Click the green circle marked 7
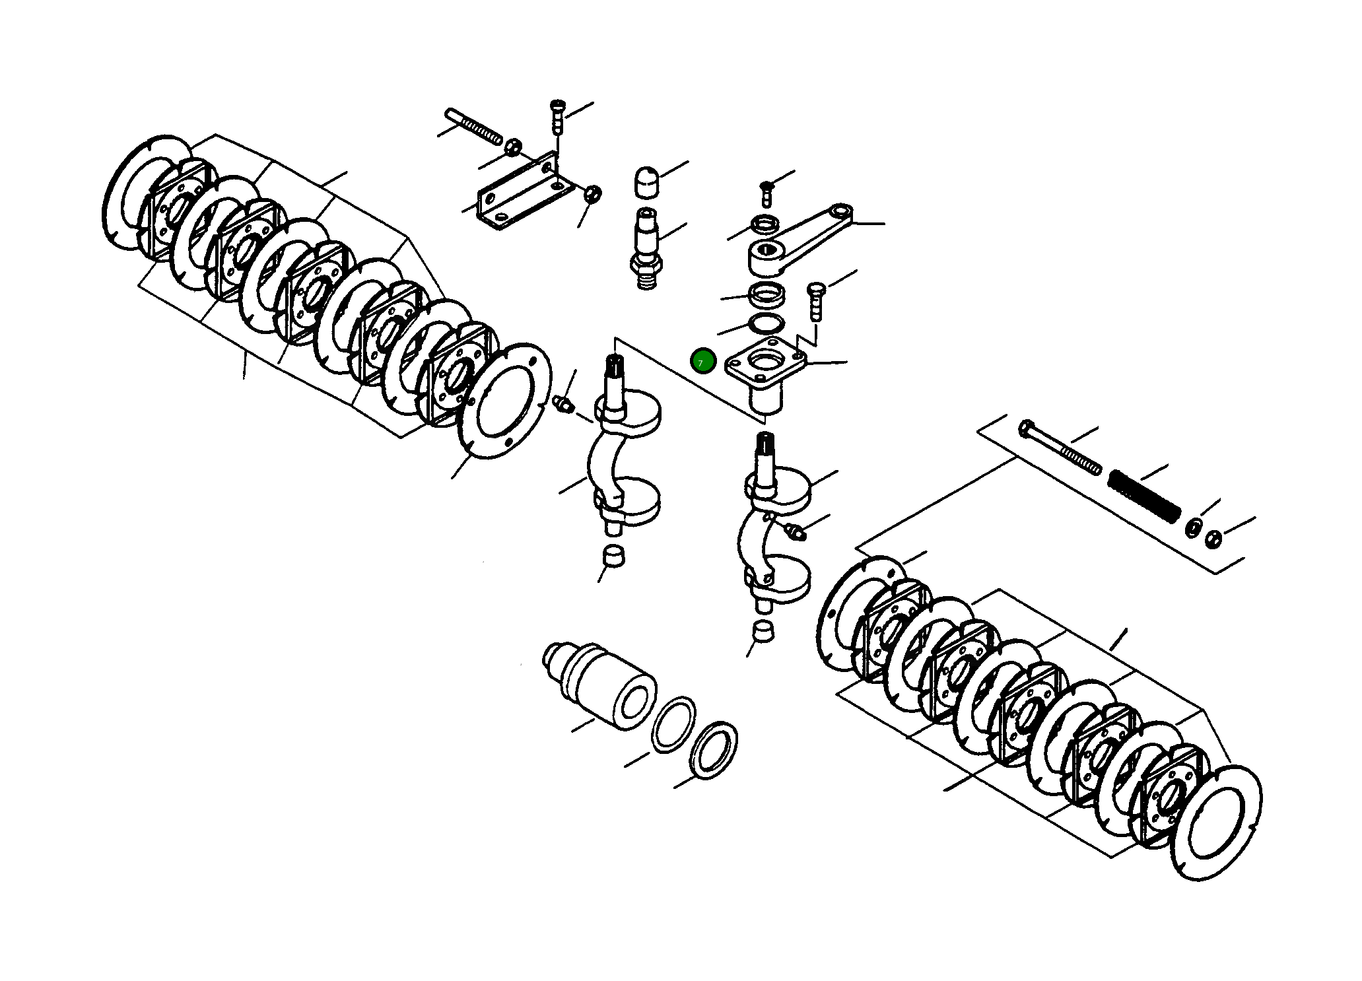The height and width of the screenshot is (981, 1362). click(x=702, y=361)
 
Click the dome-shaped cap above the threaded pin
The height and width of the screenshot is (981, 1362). click(x=646, y=182)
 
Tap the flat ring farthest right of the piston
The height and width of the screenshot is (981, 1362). click(x=713, y=750)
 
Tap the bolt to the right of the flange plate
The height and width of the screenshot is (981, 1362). click(x=816, y=300)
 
